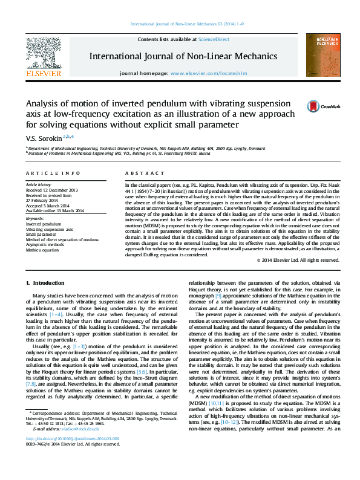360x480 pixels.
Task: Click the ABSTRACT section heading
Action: [x=140, y=173]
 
